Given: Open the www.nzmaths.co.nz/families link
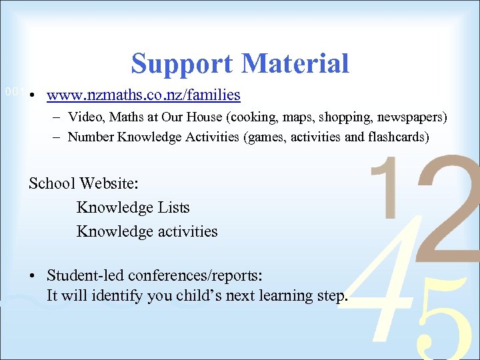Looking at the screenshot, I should pyautogui.click(x=143, y=95).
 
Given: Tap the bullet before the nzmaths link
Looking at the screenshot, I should pyautogui.click(x=32, y=96).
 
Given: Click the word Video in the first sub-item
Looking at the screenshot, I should pyautogui.click(x=84, y=117).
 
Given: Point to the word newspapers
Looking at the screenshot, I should pyautogui.click(x=411, y=118).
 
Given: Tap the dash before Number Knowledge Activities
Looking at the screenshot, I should pyautogui.click(x=54, y=138).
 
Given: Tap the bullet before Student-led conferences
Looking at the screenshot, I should pyautogui.click(x=32, y=275).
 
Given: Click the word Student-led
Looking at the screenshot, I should pyautogui.click(x=86, y=275).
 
